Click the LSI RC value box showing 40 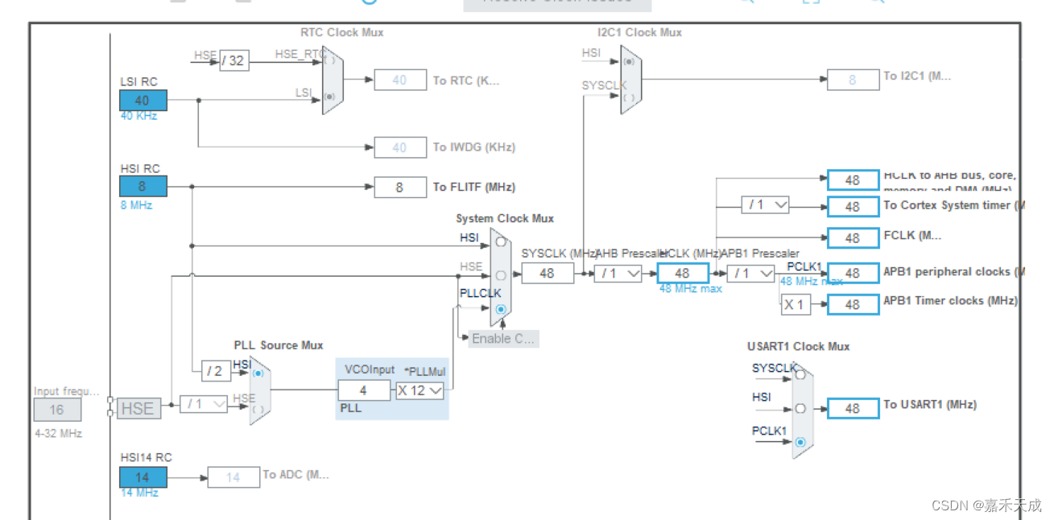143,101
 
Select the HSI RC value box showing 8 143,187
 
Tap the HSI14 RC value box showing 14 143,477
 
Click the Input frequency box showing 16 57,409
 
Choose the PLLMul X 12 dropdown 420,390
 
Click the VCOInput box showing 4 364,390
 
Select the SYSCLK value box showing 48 548,274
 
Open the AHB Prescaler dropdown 618,274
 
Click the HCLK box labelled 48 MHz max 683,274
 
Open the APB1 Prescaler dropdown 750,274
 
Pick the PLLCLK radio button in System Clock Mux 501,309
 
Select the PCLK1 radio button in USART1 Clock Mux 800,442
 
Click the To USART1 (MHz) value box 853,409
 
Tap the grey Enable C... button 503,338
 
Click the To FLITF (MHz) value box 400,187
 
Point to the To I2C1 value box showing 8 853,80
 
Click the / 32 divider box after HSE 234,60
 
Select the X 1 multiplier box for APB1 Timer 795,304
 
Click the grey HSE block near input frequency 137,408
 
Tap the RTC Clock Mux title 341,33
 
